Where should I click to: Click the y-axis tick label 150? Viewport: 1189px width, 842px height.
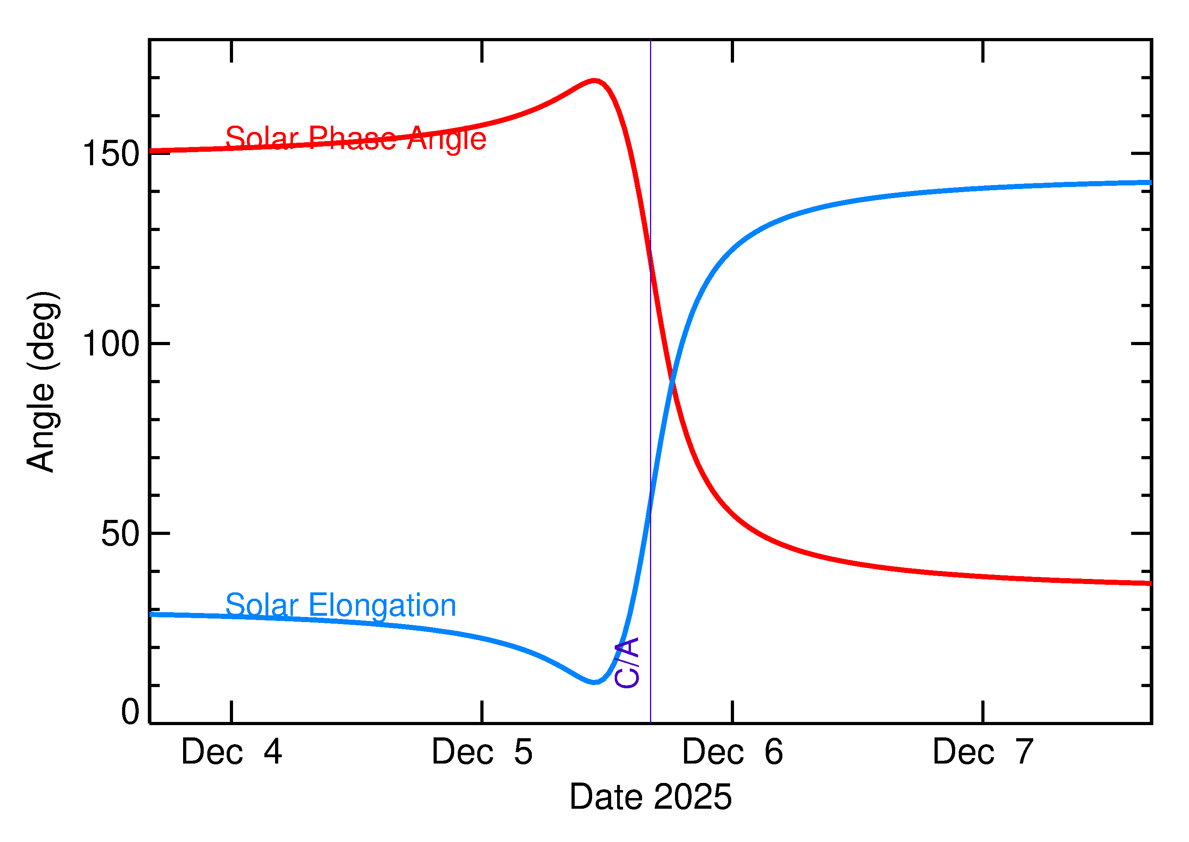point(111,154)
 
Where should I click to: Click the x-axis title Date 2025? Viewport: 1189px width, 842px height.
point(650,797)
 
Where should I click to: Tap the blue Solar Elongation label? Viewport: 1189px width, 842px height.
point(341,605)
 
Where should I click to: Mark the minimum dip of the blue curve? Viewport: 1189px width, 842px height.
point(595,682)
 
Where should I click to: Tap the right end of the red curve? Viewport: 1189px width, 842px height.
point(1150,584)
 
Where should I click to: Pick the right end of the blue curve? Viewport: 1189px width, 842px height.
point(1150,183)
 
